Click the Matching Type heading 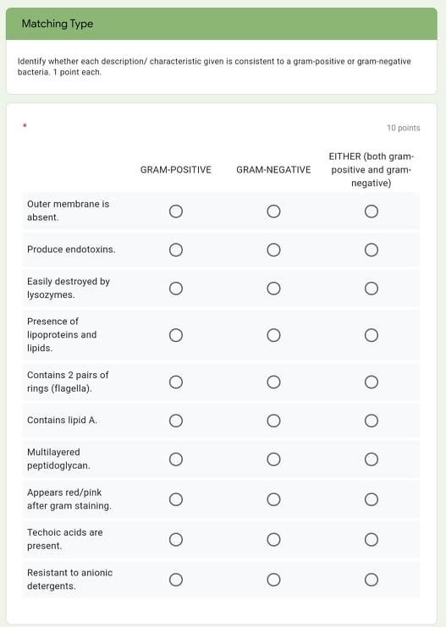(x=58, y=24)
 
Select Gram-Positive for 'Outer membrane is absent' (x=176, y=212)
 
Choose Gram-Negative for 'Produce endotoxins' (x=273, y=250)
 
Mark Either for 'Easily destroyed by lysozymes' (x=372, y=289)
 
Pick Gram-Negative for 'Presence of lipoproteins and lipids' (x=273, y=335)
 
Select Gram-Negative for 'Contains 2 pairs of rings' (x=273, y=382)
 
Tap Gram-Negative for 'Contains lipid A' (x=273, y=421)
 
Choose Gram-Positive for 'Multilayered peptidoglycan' (x=176, y=459)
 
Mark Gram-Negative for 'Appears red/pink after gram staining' (x=273, y=499)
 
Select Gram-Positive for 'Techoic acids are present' (x=176, y=539)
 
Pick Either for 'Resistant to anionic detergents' (x=372, y=580)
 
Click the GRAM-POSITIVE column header (x=176, y=170)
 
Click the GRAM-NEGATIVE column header (x=273, y=170)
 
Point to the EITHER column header (x=371, y=170)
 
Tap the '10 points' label (x=403, y=128)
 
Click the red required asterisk (x=25, y=127)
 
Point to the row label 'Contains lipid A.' (x=62, y=421)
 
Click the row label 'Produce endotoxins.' (x=71, y=250)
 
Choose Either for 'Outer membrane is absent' (x=372, y=212)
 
